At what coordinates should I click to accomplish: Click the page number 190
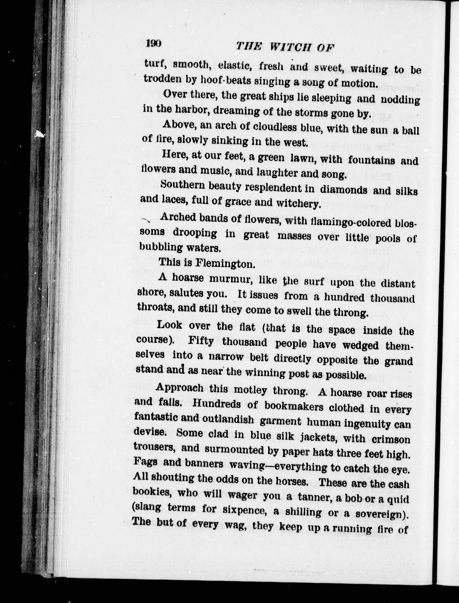click(154, 44)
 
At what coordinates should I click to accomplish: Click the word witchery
click(298, 204)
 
